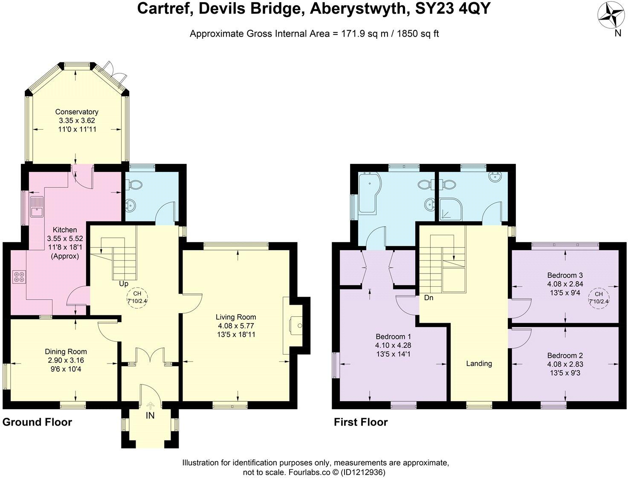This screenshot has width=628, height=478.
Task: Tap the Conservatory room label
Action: coord(77,112)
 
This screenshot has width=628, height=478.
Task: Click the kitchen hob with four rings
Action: coord(19,277)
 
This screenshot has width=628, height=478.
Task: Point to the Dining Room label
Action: coord(66,352)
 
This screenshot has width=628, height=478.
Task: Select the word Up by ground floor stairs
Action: coord(124,284)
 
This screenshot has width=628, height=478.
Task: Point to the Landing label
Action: coord(479,364)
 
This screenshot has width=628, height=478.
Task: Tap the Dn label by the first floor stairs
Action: coord(428,297)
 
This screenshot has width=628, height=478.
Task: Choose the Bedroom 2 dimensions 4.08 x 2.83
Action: coord(565,364)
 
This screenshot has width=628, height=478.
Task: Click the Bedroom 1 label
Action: coord(393,336)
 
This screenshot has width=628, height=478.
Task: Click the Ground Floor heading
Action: coord(37,422)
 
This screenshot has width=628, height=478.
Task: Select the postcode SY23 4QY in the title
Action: coord(453,9)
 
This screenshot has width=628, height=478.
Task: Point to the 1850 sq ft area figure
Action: coord(418,34)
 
